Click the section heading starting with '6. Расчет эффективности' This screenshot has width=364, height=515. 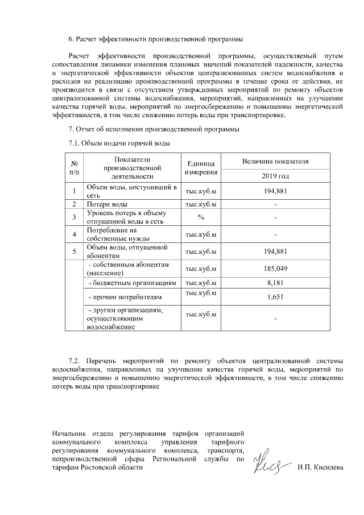(x=155, y=39)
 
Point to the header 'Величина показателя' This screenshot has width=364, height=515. (x=275, y=161)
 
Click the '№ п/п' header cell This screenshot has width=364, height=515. (x=75, y=167)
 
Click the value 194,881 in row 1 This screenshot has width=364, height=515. (x=275, y=191)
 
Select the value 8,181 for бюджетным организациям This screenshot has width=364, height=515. (x=275, y=282)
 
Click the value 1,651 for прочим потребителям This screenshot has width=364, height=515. (x=275, y=296)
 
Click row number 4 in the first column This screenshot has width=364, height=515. (x=75, y=234)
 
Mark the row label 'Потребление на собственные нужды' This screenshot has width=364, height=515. (x=114, y=234)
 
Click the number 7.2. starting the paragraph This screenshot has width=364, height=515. (x=76, y=360)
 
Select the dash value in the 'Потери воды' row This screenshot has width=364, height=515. (x=275, y=204)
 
